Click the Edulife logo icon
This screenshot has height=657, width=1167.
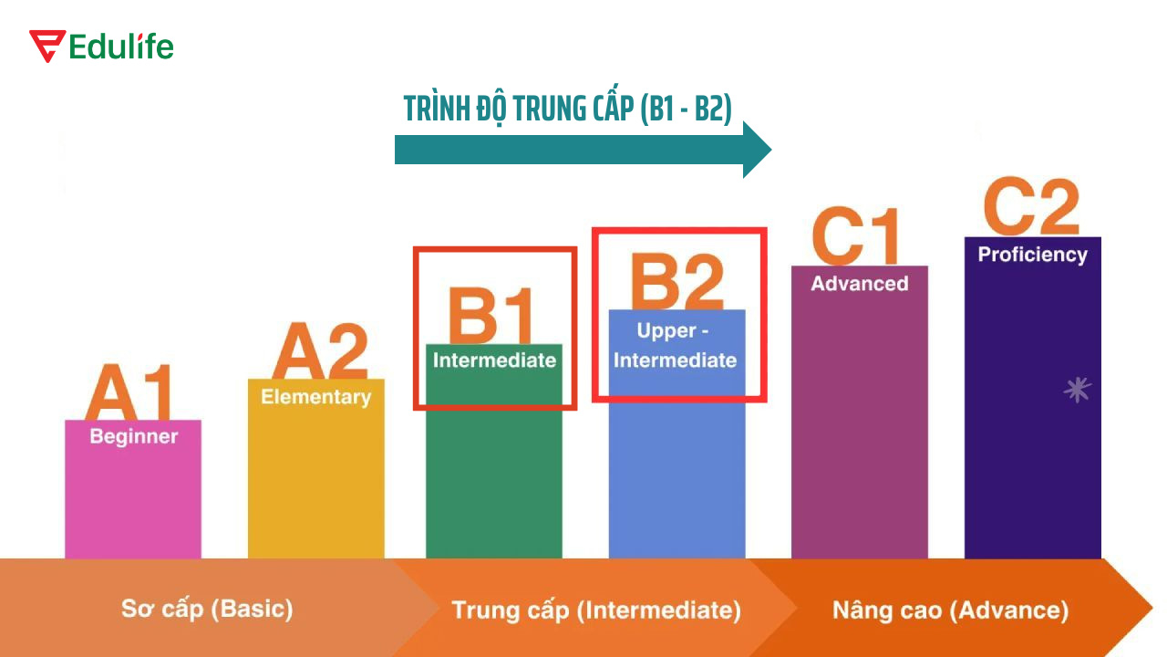(46, 46)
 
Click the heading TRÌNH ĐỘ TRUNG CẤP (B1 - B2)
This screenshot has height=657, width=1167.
(568, 109)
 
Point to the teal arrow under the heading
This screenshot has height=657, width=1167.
(583, 149)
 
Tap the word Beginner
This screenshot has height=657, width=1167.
(133, 436)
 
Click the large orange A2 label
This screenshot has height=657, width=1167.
(320, 351)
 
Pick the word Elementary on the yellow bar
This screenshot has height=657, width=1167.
(315, 397)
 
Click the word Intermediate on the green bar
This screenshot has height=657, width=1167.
(494, 360)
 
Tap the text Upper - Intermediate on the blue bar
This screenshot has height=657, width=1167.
(675, 345)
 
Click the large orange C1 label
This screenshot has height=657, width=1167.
(856, 237)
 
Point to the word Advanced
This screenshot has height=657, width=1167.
(860, 284)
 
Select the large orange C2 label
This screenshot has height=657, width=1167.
(1032, 208)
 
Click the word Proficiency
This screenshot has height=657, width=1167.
(1032, 255)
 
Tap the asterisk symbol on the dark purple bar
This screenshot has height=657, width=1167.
(1078, 391)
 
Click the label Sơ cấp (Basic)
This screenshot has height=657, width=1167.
(207, 609)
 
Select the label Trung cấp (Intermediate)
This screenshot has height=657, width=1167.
(596, 610)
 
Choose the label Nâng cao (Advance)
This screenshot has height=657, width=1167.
(950, 610)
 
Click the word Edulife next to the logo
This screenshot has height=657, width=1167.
(121, 47)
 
